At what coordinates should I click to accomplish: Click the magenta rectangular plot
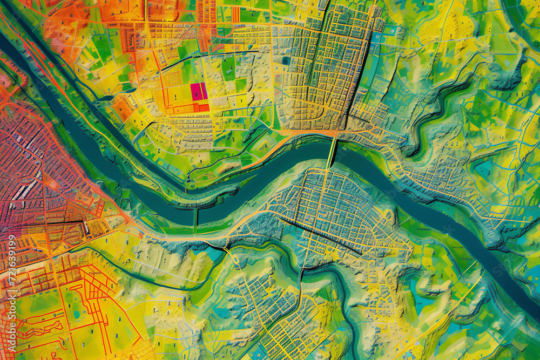tap(199, 92)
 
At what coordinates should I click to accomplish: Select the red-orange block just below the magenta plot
tap(200, 107)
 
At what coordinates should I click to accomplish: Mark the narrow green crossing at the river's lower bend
tap(195, 216)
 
